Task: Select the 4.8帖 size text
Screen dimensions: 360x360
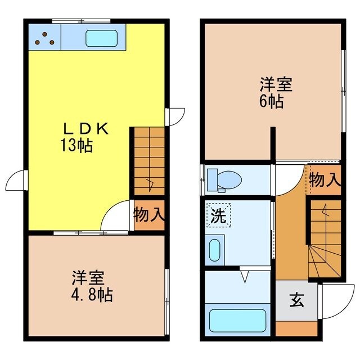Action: [91, 294]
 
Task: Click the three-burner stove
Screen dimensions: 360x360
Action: [44, 37]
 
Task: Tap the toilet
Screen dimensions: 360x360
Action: [225, 179]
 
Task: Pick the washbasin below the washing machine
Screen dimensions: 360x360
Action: [214, 250]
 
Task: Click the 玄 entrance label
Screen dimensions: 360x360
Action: [296, 300]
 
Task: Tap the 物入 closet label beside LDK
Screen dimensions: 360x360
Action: [148, 214]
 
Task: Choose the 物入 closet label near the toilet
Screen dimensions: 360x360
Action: [325, 180]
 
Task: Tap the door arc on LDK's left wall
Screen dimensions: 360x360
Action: [15, 181]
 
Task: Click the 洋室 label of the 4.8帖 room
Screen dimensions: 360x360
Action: [87, 278]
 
